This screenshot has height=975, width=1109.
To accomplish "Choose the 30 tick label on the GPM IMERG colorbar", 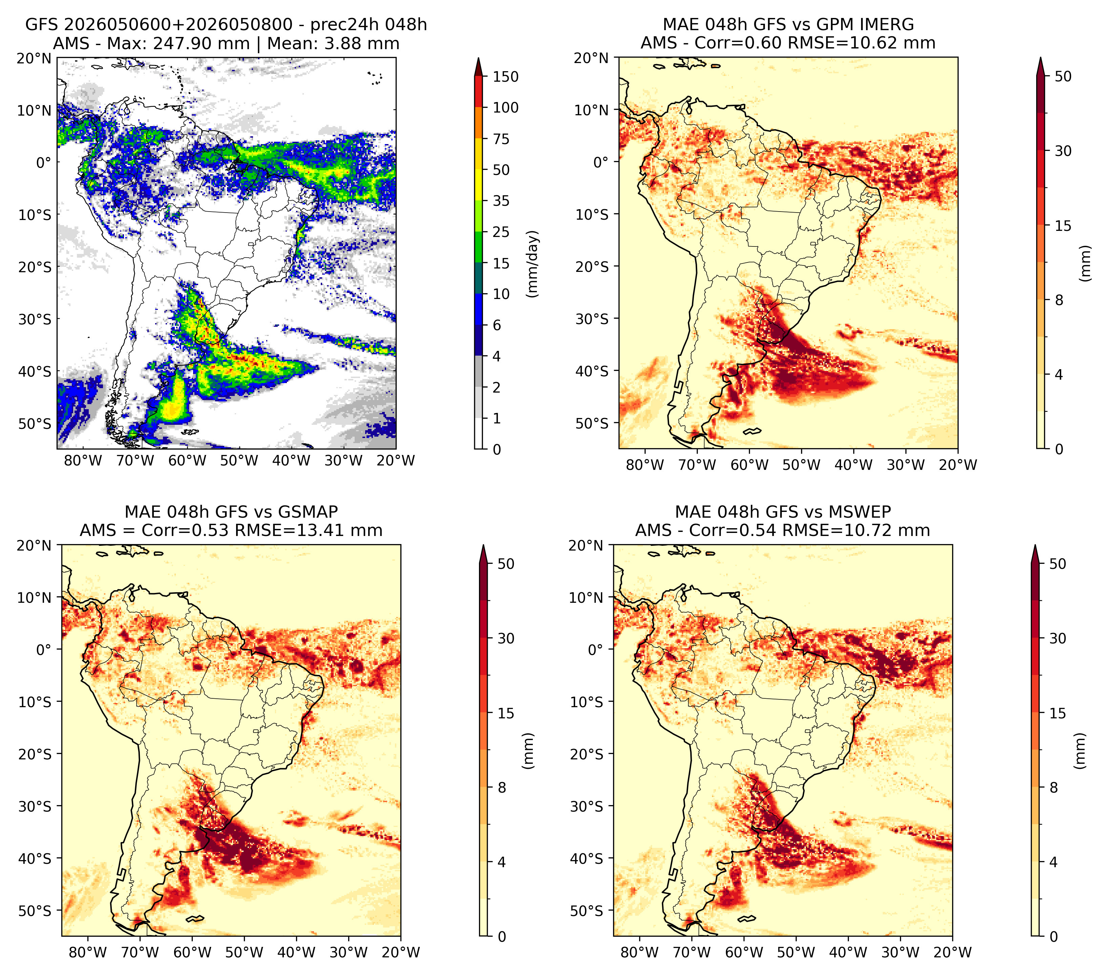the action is pos(1063,151).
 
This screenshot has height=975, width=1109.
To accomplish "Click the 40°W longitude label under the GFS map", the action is pos(291,460).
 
